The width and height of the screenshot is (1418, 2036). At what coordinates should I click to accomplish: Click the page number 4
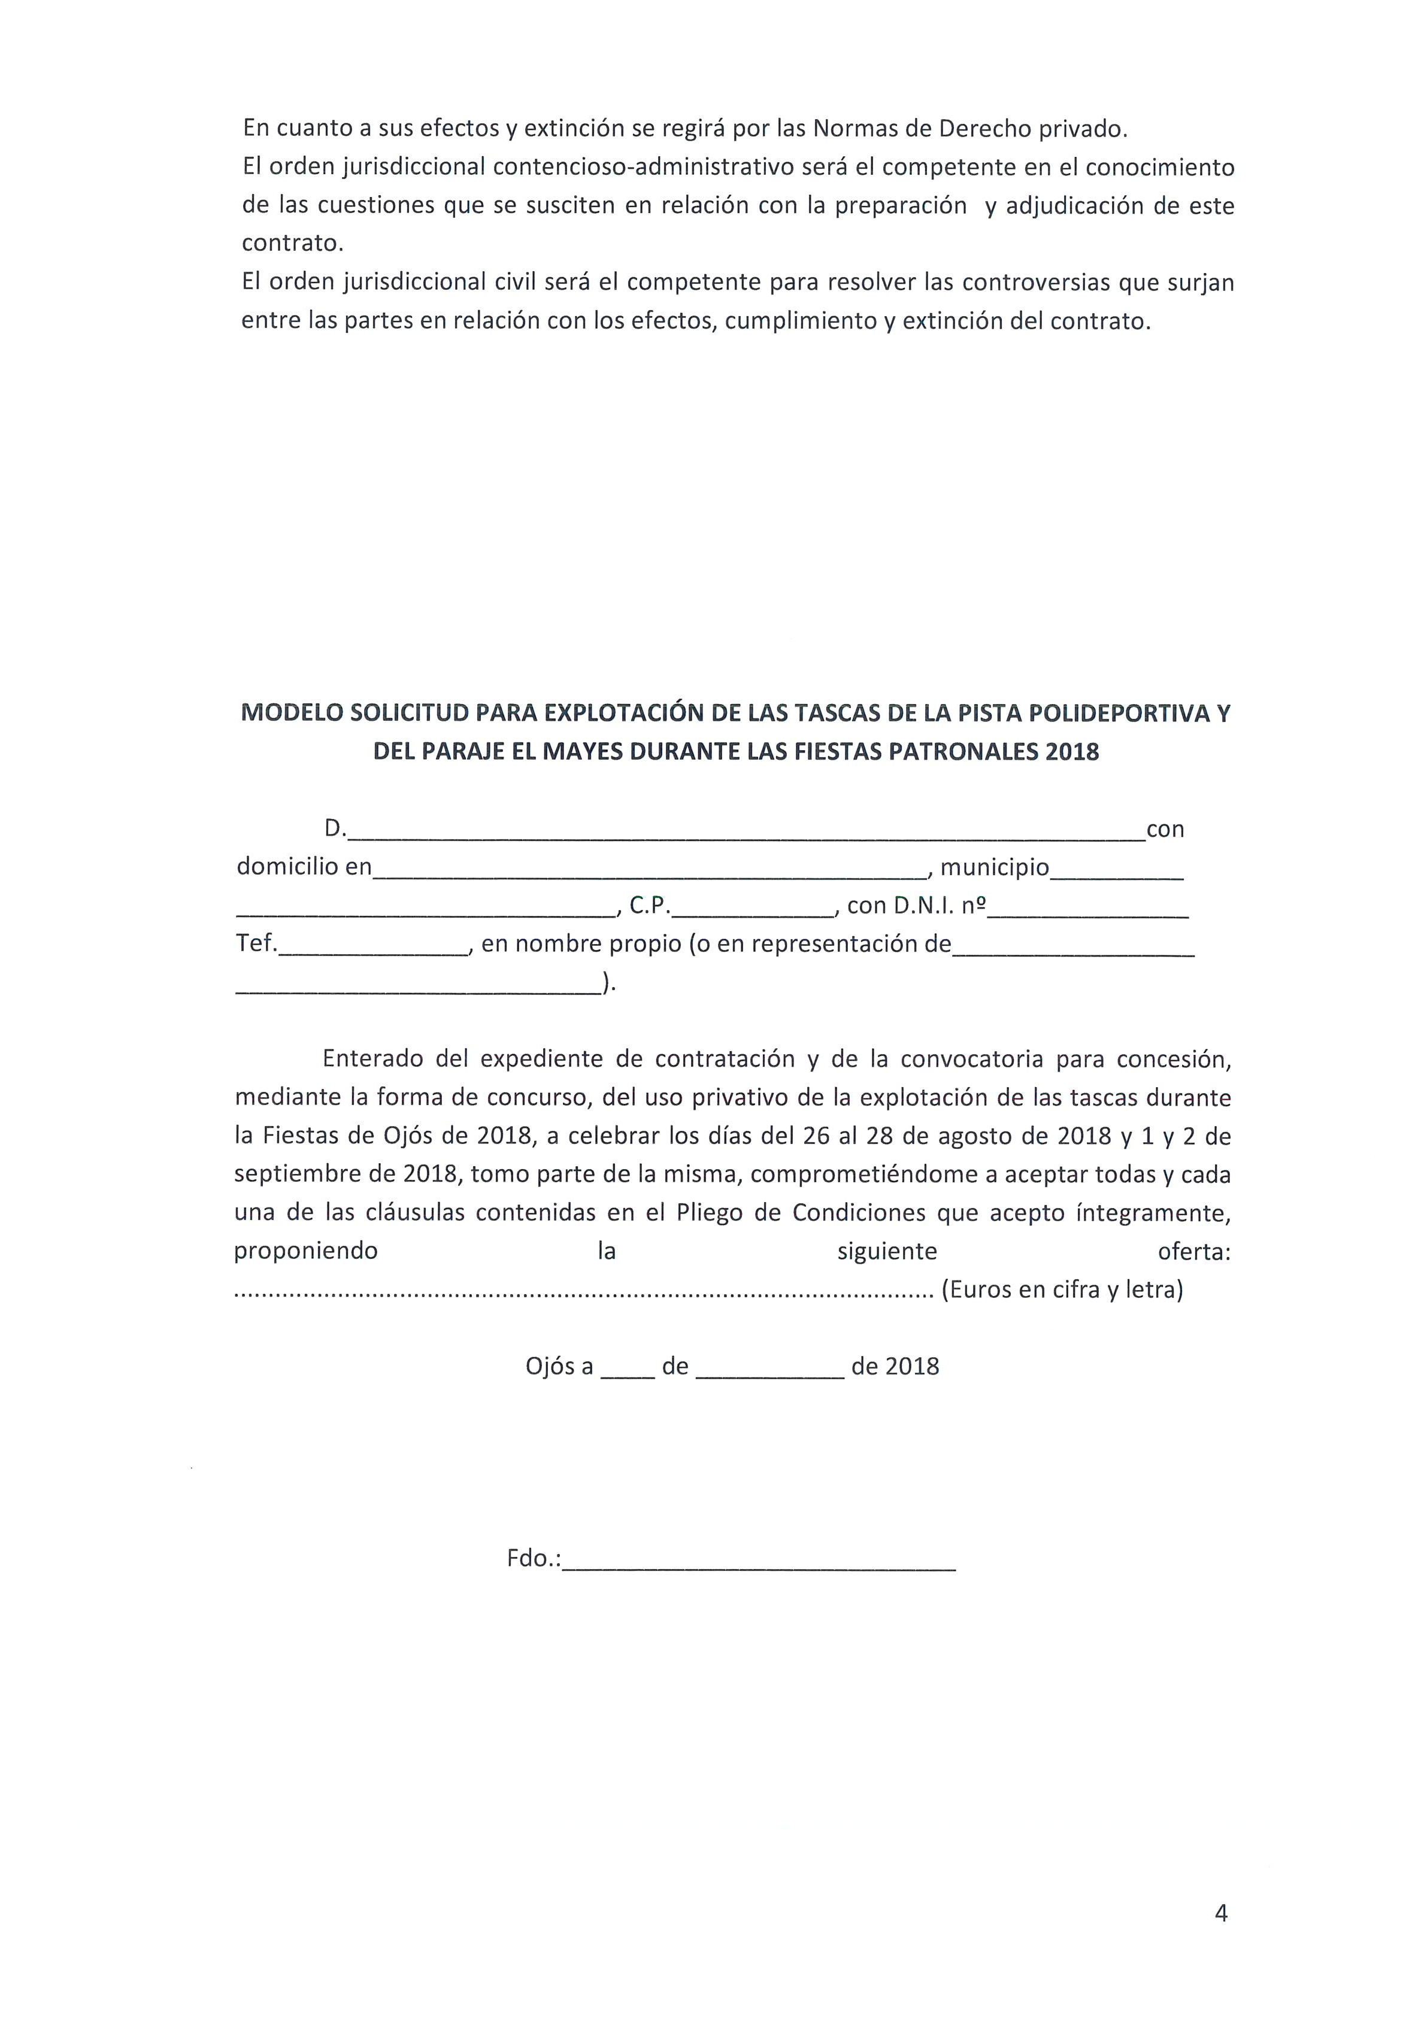1220,1913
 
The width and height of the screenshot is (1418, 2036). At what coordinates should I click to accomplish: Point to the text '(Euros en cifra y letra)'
1062,1289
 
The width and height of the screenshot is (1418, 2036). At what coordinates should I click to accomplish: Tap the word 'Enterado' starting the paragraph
372,1059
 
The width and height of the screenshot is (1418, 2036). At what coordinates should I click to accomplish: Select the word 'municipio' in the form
994,867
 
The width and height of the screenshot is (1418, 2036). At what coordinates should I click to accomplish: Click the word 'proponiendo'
306,1251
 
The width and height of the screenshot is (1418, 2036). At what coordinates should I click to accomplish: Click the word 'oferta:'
1193,1251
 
